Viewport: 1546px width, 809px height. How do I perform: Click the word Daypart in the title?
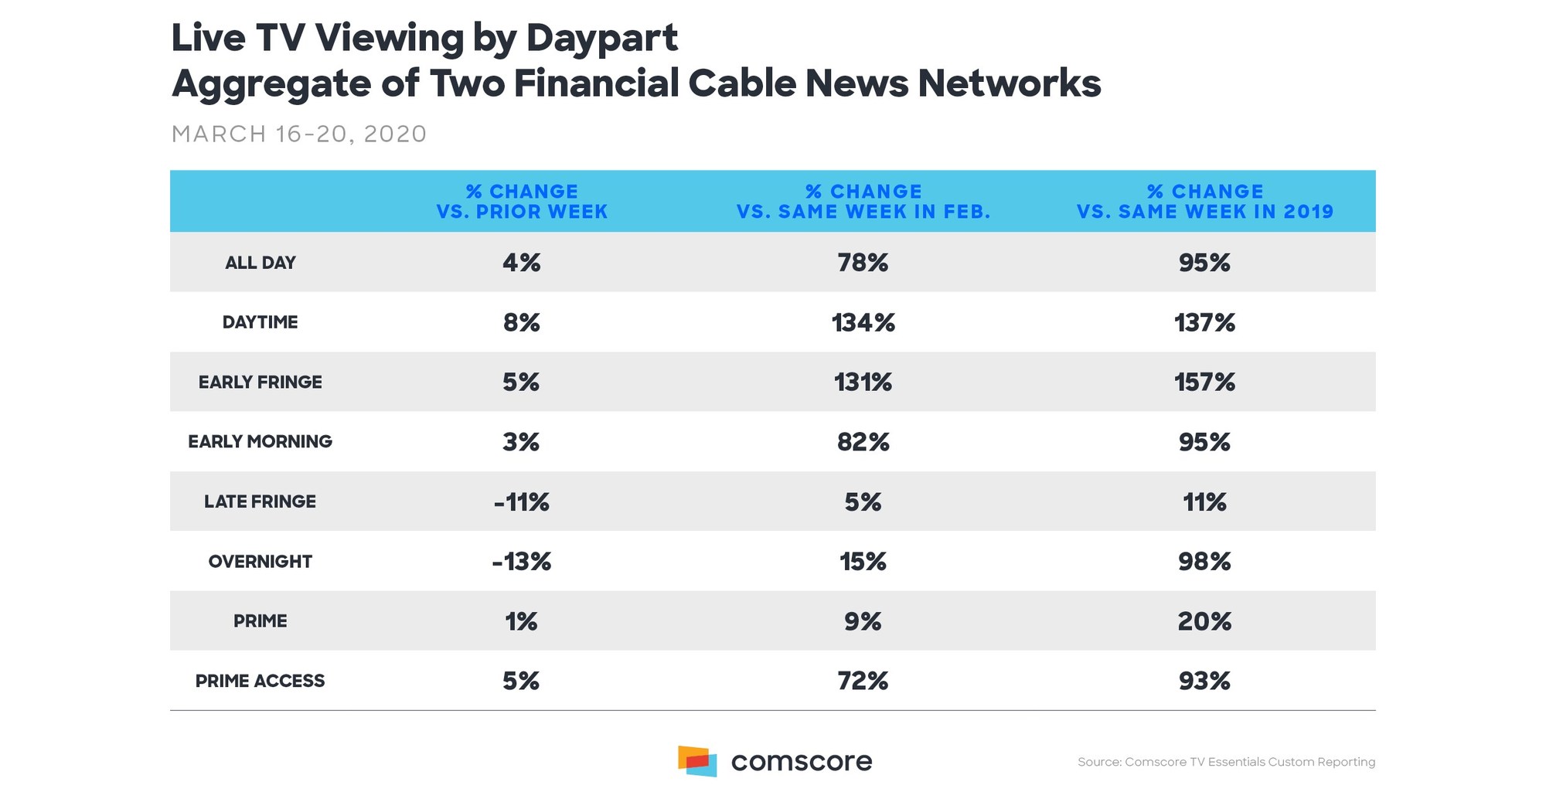coord(601,39)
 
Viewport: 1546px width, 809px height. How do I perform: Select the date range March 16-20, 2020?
coord(298,134)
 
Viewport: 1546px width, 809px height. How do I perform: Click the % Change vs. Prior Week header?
coord(522,202)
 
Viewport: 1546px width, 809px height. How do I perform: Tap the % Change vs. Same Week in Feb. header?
coord(863,202)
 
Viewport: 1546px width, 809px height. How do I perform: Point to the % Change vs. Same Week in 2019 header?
coord(1205,202)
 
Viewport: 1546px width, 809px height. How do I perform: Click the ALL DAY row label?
coord(261,263)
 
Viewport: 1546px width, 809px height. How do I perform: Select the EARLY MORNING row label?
coord(261,441)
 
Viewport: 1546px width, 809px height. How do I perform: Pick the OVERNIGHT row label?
coord(261,562)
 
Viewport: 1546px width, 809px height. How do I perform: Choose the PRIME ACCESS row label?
coord(261,681)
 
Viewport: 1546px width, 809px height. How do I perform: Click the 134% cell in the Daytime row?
coord(863,322)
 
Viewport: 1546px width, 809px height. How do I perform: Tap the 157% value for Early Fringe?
coord(1204,382)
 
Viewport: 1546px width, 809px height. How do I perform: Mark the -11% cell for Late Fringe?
coord(522,502)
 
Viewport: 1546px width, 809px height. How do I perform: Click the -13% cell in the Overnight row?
coord(522,562)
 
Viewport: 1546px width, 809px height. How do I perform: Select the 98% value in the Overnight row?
coord(1204,562)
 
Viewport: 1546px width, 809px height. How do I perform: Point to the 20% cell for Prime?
coord(1204,621)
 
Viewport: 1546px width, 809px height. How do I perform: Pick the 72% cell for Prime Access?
coord(863,681)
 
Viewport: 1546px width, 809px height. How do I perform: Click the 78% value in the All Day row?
coord(863,263)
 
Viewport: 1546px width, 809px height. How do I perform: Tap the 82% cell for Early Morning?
coord(863,442)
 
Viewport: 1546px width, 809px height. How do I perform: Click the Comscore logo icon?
coord(697,761)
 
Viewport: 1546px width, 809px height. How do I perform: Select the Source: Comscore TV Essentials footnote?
coord(1226,762)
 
